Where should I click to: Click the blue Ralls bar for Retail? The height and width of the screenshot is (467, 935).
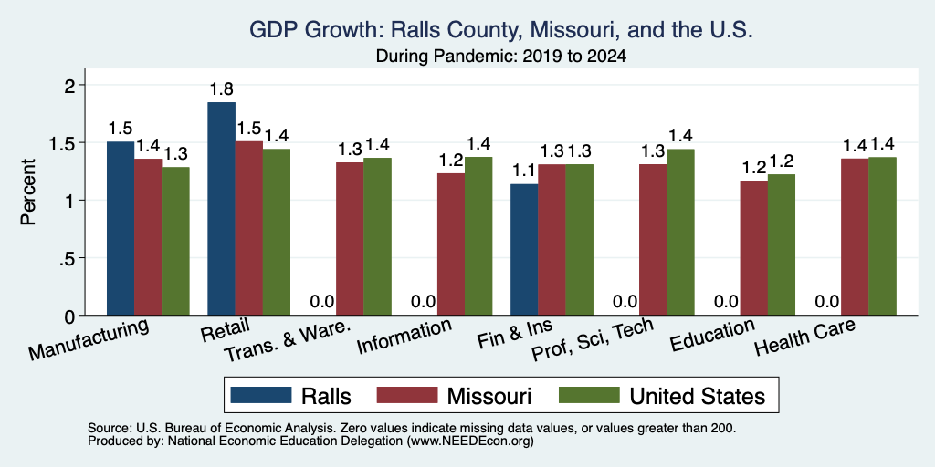tap(221, 209)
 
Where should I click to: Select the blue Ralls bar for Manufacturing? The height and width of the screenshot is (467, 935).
tap(121, 228)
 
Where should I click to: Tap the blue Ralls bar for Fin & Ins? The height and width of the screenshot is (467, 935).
tap(524, 250)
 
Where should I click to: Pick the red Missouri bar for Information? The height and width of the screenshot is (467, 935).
tap(451, 244)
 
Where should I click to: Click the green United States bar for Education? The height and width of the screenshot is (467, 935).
tap(782, 244)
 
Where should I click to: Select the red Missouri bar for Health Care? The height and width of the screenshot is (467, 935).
tap(855, 237)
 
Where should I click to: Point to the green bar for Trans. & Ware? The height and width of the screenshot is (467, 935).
tap(377, 236)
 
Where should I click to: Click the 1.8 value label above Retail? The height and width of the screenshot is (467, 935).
tap(221, 89)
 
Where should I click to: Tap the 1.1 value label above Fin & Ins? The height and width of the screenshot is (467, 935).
tap(524, 171)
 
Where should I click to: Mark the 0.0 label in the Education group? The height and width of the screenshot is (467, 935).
tap(726, 302)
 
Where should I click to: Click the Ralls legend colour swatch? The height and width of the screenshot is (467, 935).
tap(260, 395)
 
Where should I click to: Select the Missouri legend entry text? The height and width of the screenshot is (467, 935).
tap(489, 396)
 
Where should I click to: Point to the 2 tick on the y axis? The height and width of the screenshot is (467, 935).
tap(71, 85)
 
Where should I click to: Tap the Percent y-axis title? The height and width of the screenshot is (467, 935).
tap(28, 192)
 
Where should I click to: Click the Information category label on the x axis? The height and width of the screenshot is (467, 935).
tap(404, 337)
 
